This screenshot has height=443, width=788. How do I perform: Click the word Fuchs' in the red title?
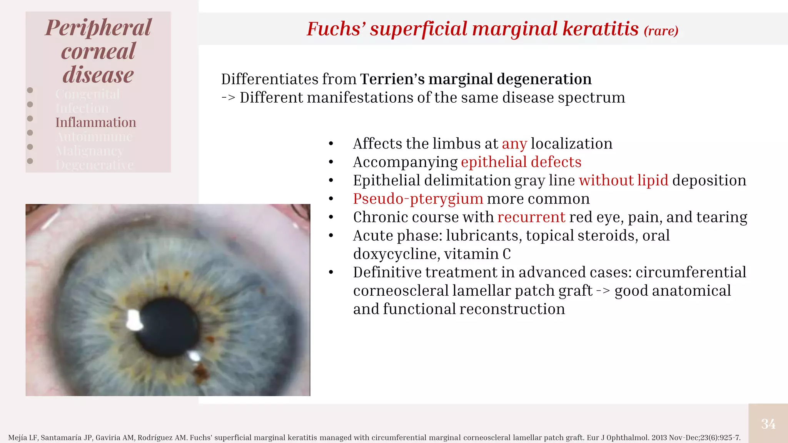pyautogui.click(x=336, y=29)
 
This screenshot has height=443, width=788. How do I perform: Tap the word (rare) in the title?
pyautogui.click(x=661, y=31)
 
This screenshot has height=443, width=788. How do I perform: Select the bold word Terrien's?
pyautogui.click(x=392, y=79)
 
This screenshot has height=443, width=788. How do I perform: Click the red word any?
pyautogui.click(x=514, y=144)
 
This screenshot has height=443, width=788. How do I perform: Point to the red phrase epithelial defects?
pyautogui.click(x=521, y=162)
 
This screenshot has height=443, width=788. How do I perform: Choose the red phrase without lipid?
pyautogui.click(x=623, y=181)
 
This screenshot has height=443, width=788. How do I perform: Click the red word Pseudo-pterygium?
pyautogui.click(x=418, y=199)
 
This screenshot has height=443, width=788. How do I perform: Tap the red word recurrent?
pyautogui.click(x=531, y=218)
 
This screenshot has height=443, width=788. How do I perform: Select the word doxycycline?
pyautogui.click(x=396, y=254)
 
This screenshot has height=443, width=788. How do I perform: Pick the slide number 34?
pyautogui.click(x=768, y=424)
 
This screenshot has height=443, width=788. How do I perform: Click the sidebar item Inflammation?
pyautogui.click(x=96, y=123)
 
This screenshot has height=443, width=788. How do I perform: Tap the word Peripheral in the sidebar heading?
pyautogui.click(x=98, y=28)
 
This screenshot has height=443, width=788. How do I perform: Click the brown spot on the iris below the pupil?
pyautogui.click(x=200, y=371)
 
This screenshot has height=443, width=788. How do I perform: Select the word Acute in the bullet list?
pyautogui.click(x=372, y=236)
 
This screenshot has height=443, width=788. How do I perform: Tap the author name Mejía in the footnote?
pyautogui.click(x=18, y=438)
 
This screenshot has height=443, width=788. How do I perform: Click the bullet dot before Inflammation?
pyautogui.click(x=30, y=119)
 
